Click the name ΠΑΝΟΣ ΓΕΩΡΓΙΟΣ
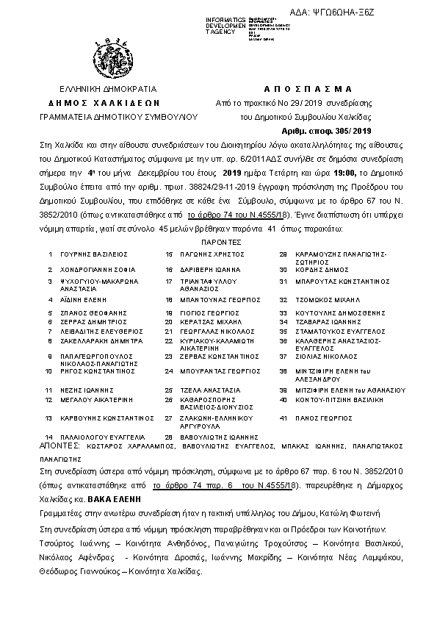[319, 418]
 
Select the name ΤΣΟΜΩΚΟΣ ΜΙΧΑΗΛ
[328, 300]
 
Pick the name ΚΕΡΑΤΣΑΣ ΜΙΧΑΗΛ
[210, 321]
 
